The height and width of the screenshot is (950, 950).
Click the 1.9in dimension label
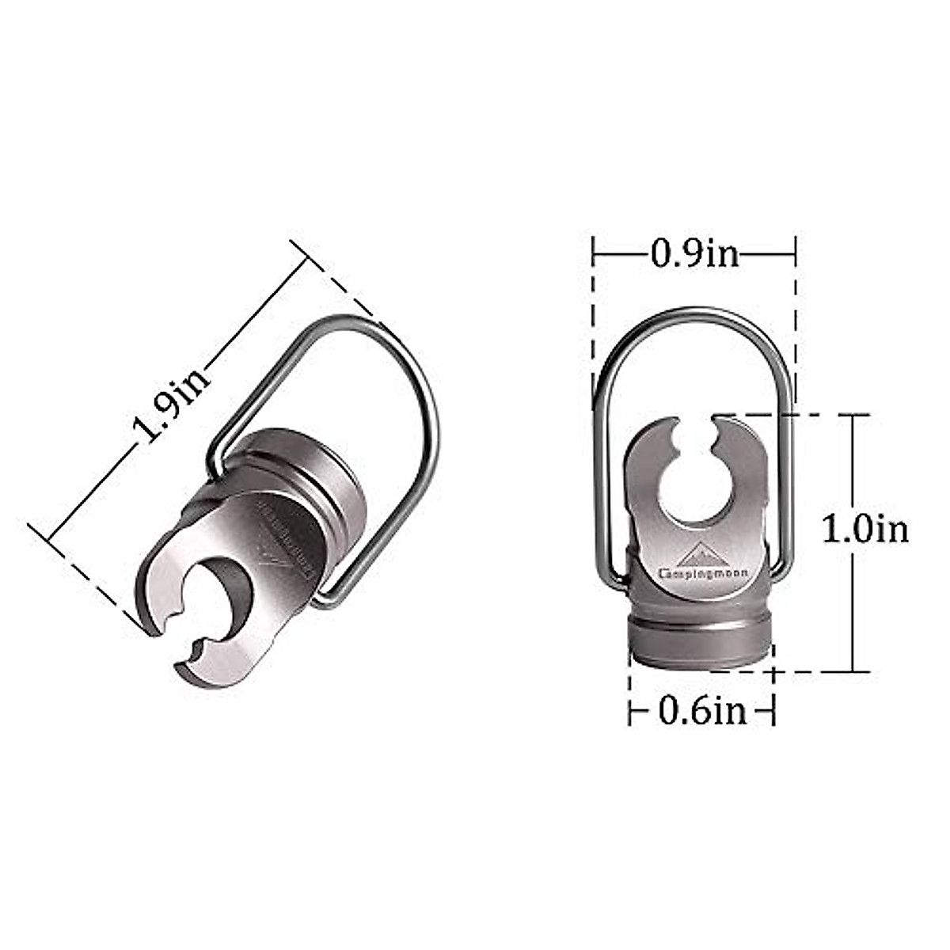click(x=173, y=404)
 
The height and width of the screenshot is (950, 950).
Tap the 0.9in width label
click(x=694, y=254)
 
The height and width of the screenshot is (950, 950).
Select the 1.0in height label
click(x=864, y=529)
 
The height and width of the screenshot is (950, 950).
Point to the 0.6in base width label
click(x=702, y=712)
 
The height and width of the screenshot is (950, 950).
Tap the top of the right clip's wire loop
click(x=693, y=311)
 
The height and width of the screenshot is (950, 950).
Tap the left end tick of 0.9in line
click(x=593, y=254)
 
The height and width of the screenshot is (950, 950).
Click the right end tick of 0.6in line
click(x=773, y=712)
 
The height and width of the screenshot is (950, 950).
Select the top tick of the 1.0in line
click(x=853, y=414)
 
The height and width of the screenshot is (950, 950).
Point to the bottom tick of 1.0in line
click(x=853, y=672)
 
